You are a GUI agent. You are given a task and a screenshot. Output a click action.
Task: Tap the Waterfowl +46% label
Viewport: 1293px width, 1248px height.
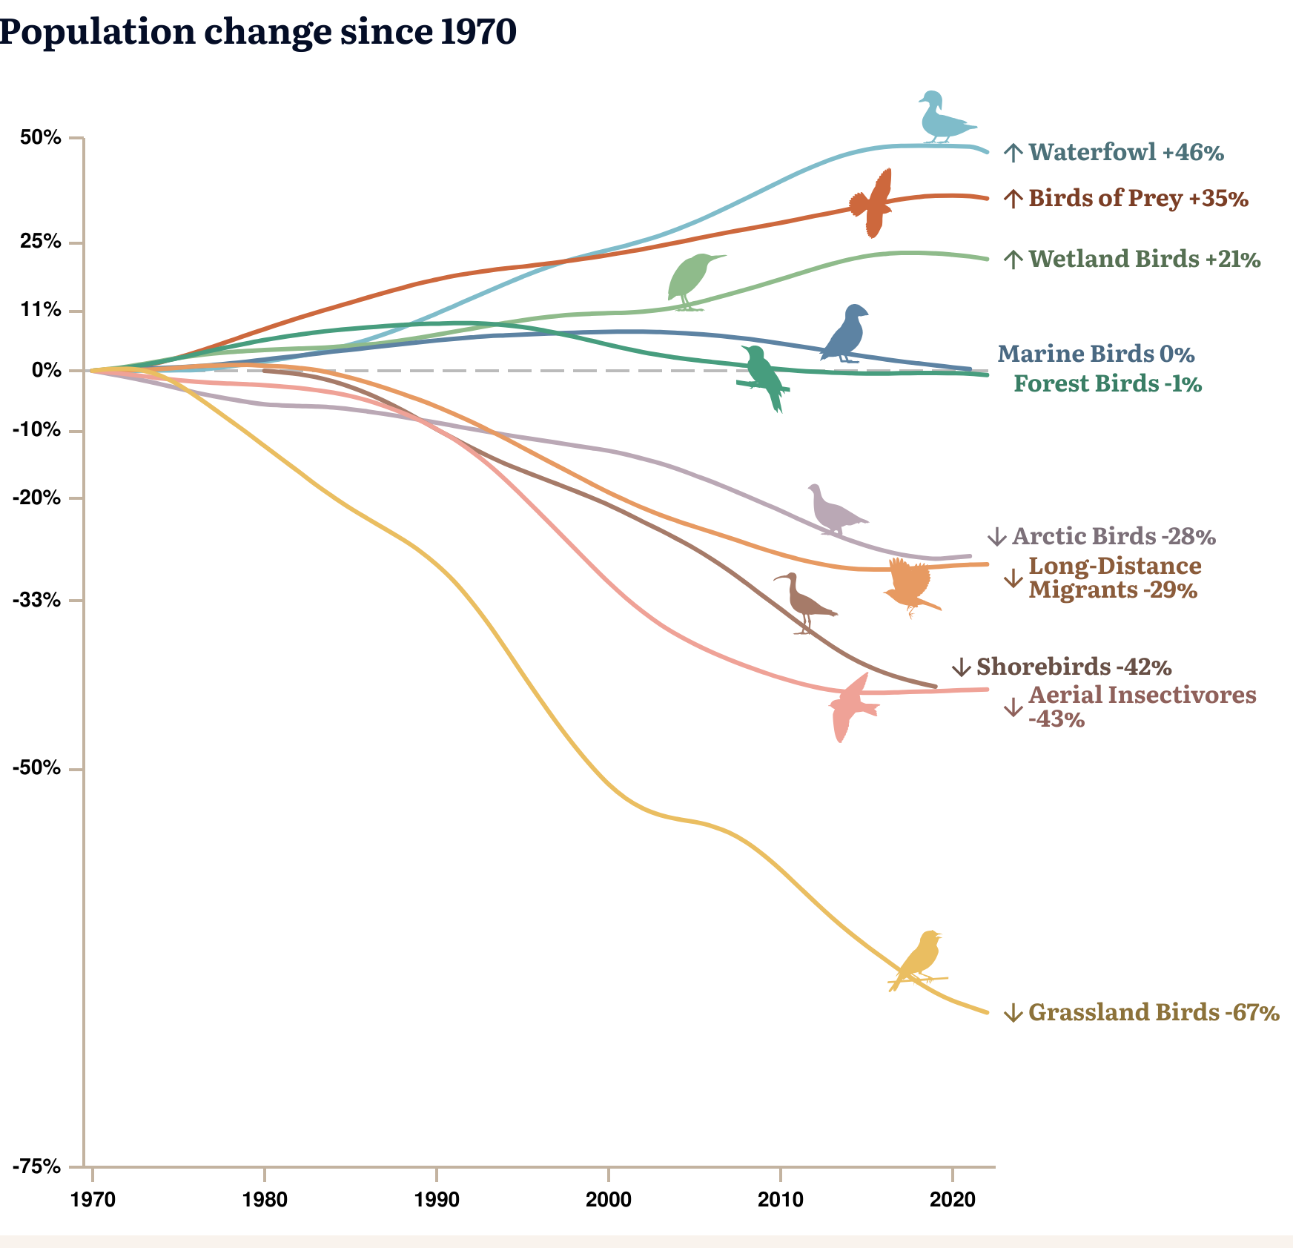tap(1125, 153)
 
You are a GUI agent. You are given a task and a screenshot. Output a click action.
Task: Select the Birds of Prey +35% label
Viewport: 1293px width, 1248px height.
tap(1138, 199)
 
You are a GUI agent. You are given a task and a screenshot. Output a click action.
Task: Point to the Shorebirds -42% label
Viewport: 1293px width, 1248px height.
tap(1074, 667)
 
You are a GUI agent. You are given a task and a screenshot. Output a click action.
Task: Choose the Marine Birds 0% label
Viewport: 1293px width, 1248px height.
tap(1096, 354)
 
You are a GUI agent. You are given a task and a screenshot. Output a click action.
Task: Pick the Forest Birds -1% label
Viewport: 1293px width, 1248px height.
tap(1108, 384)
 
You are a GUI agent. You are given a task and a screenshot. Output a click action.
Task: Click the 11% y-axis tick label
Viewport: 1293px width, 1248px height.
tap(41, 310)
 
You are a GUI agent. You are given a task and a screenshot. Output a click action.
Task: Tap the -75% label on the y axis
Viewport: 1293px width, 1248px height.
tap(36, 1167)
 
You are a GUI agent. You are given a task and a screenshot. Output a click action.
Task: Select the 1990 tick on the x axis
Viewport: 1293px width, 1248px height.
tap(437, 1200)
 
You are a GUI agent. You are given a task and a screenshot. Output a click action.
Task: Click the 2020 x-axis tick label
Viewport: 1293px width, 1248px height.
tap(952, 1200)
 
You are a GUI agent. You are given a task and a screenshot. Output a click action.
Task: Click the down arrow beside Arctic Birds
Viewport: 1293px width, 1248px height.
tap(997, 537)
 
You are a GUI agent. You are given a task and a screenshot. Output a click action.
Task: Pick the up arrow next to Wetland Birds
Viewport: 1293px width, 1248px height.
tap(1013, 260)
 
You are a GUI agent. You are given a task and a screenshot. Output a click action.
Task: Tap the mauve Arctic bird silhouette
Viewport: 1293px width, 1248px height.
tap(835, 511)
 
